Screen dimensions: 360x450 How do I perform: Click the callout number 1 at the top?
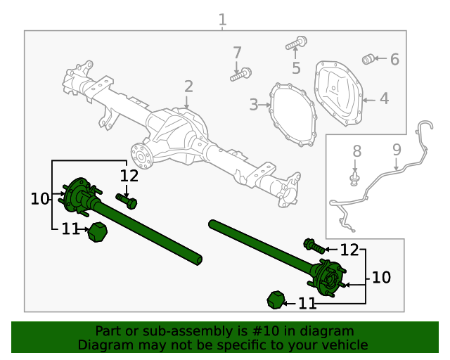222,20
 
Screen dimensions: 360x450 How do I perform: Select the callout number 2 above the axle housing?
188,86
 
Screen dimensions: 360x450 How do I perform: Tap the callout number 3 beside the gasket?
253,105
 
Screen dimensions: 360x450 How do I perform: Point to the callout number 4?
384,99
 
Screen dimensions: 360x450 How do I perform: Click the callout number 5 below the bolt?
296,68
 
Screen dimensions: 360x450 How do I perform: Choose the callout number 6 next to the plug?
394,60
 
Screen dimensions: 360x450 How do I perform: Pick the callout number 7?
237,53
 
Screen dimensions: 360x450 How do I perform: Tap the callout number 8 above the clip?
356,150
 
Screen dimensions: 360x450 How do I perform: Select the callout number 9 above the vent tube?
397,149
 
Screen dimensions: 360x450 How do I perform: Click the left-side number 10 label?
40,200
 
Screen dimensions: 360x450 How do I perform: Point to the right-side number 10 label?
380,278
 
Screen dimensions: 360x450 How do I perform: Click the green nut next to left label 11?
96,232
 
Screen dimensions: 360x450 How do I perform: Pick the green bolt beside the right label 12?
314,246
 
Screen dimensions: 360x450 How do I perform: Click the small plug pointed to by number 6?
367,59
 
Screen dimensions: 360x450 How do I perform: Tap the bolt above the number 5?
295,44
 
